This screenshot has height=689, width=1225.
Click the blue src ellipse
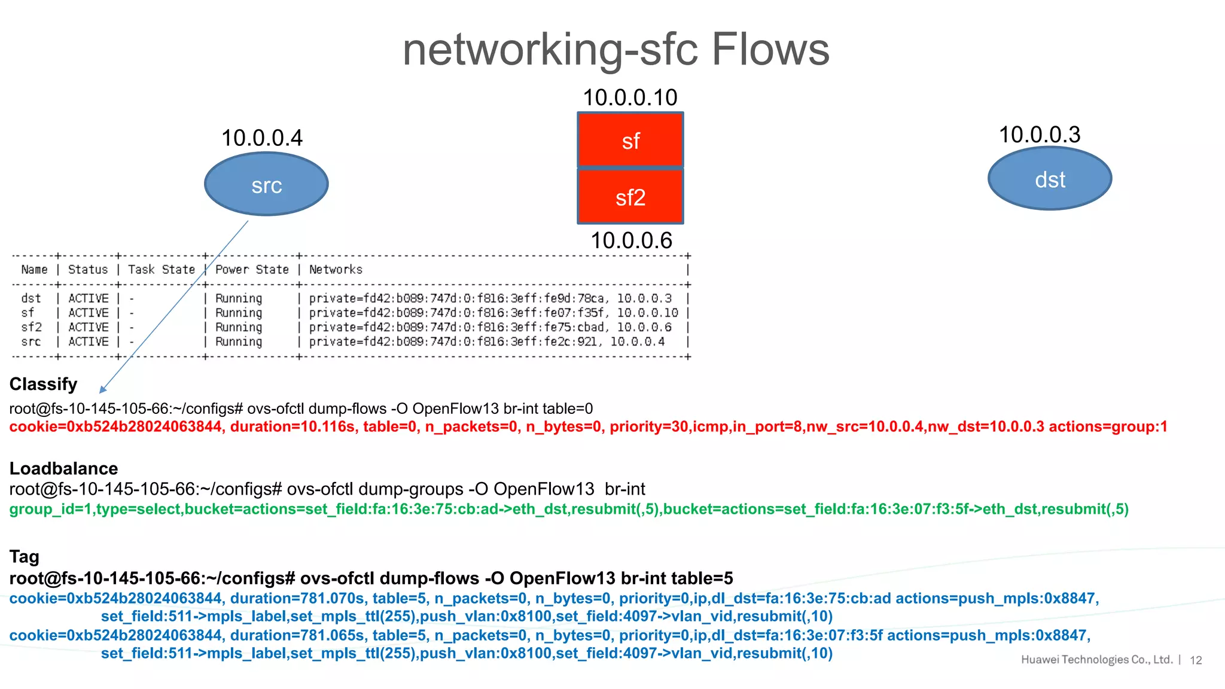pos(266,184)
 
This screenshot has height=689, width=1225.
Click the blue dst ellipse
pos(1050,179)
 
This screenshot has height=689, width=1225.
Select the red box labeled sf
pos(630,140)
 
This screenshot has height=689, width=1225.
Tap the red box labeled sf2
pos(630,196)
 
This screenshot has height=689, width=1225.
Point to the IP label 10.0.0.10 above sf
pos(630,97)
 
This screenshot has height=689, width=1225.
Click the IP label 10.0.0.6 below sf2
pos(631,240)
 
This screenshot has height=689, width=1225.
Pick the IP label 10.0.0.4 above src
pos(262,138)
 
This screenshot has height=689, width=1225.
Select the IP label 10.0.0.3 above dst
pos(1040,135)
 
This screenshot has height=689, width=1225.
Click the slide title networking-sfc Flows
pos(616,49)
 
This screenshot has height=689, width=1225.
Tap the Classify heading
pos(44,384)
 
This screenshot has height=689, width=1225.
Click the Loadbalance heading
pos(63,468)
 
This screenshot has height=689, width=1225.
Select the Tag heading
pos(25,557)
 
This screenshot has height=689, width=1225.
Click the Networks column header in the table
pos(336,270)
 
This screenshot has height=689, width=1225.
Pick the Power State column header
pos(252,270)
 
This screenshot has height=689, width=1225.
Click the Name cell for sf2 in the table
pos(32,327)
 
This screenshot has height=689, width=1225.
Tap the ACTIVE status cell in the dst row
pos(89,298)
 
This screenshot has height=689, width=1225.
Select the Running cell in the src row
pos(239,342)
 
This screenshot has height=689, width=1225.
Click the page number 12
pos(1196,660)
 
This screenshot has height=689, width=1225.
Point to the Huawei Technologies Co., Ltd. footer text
pos(1096,660)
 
